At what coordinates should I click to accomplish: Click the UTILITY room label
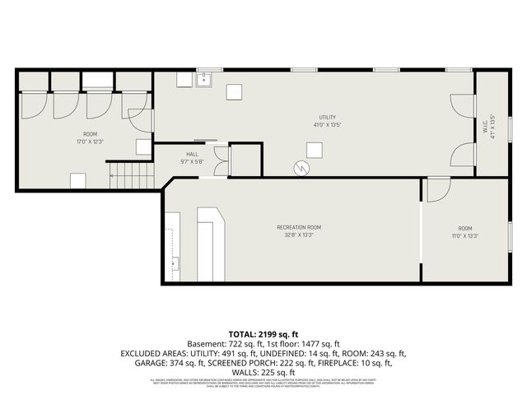[328, 117]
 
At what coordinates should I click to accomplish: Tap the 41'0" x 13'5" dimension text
[328, 125]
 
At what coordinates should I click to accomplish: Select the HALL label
[192, 154]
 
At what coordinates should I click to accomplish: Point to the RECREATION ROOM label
[298, 226]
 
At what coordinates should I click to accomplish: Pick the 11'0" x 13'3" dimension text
[465, 235]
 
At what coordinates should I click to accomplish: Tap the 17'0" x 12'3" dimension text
[90, 141]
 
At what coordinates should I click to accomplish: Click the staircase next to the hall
[132, 175]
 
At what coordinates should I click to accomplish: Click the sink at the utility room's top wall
[204, 80]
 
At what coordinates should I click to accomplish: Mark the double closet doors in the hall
[220, 161]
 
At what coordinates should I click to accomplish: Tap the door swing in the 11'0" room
[436, 190]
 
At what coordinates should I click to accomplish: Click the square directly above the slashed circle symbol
[314, 149]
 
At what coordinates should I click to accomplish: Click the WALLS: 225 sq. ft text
[263, 372]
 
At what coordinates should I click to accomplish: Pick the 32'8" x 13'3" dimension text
[298, 235]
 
